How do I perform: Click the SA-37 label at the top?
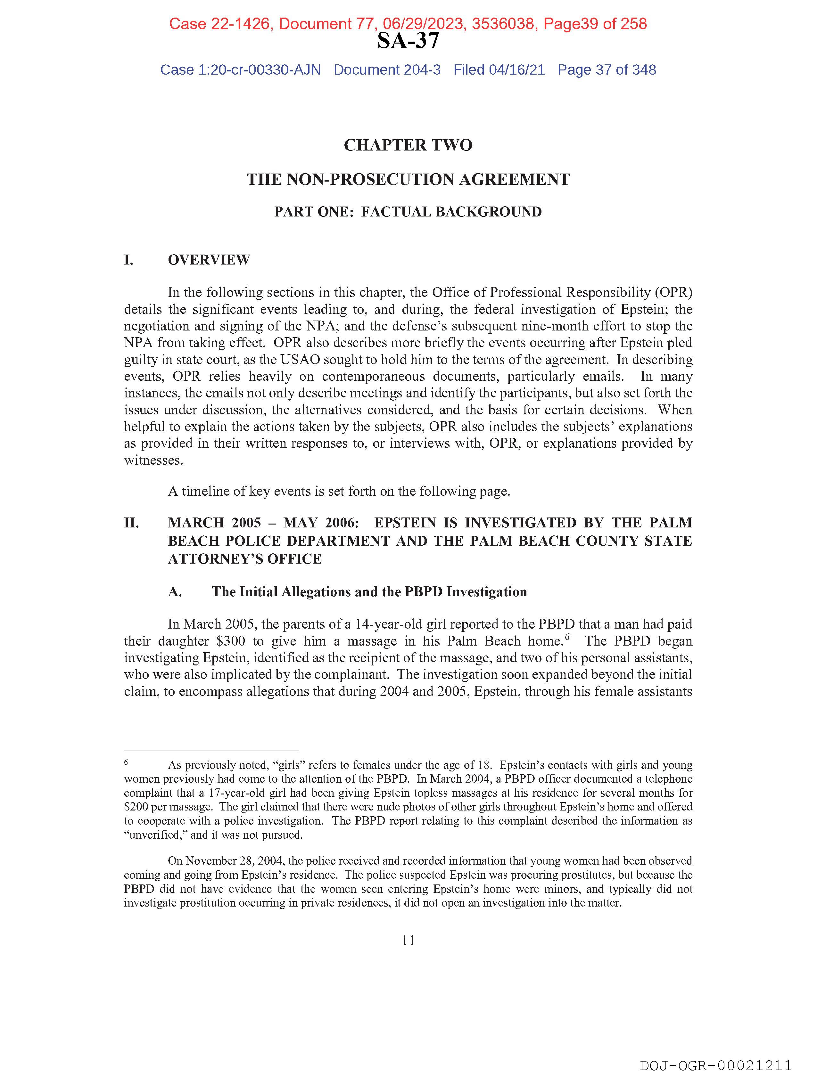tap(408, 41)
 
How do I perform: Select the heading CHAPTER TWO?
tap(408, 145)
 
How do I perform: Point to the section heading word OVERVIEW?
tap(209, 260)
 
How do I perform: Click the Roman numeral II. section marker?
tap(131, 523)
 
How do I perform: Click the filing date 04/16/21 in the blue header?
tap(517, 70)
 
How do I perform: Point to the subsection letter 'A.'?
tap(175, 592)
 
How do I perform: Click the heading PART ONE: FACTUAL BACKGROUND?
tap(408, 212)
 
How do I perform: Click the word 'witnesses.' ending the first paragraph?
tap(154, 460)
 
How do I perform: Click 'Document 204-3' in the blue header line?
tap(387, 70)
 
